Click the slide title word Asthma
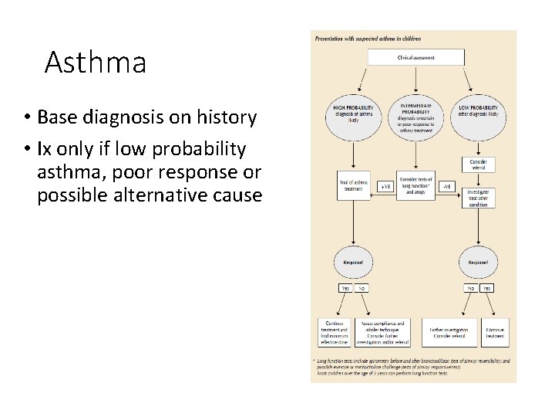click(x=95, y=63)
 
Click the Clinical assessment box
click(x=415, y=57)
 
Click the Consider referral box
click(x=478, y=164)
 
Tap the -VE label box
click(x=447, y=186)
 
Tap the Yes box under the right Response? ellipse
click(x=486, y=288)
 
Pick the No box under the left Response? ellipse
click(x=361, y=288)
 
